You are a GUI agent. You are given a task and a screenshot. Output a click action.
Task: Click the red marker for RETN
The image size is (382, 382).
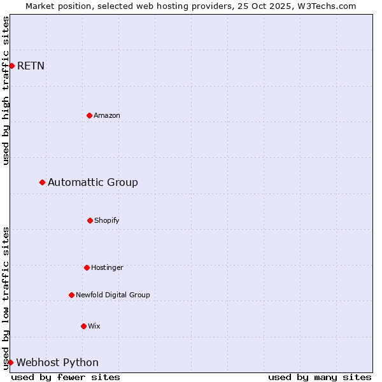(11, 66)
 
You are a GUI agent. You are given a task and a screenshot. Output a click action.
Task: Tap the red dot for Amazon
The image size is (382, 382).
(89, 115)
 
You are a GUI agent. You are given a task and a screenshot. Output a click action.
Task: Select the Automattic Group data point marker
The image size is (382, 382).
(42, 182)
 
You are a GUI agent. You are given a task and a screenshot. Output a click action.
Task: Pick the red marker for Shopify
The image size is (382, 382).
(90, 220)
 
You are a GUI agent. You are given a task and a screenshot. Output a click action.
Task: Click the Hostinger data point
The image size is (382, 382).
(87, 267)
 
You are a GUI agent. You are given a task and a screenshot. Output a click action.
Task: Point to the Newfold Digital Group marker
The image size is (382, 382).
(71, 295)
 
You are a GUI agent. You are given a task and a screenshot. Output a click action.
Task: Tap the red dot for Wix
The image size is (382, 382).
(83, 326)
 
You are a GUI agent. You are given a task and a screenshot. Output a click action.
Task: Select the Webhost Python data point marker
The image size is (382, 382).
(10, 362)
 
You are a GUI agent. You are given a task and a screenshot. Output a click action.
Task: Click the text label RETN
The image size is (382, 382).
(31, 66)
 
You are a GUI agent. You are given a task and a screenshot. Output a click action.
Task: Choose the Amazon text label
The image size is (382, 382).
(107, 115)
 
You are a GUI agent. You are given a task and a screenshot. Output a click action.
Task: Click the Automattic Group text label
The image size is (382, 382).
(93, 183)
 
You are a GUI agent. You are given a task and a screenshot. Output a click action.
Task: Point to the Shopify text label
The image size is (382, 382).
(107, 220)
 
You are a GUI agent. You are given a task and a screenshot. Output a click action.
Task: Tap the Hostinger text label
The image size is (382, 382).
(107, 267)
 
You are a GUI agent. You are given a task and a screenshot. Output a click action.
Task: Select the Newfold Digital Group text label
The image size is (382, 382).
(113, 295)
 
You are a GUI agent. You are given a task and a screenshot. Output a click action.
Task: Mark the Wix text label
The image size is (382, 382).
(94, 326)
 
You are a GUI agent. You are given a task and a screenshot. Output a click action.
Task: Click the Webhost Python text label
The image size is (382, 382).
(57, 363)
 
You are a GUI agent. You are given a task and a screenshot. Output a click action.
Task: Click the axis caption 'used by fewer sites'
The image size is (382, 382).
(66, 377)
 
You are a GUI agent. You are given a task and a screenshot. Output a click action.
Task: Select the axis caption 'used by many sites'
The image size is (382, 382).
(320, 377)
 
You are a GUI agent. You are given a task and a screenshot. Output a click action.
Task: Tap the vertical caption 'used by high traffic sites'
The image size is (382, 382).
(6, 90)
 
